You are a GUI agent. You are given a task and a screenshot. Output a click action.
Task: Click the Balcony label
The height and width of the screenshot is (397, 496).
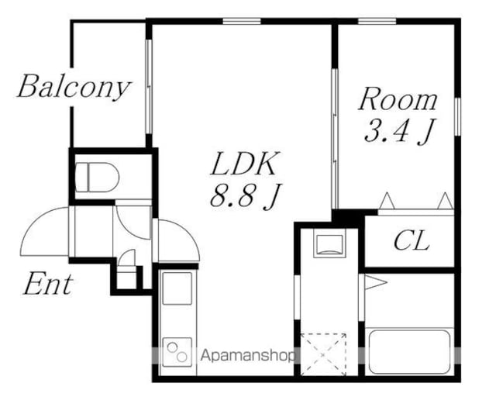[x=74, y=87]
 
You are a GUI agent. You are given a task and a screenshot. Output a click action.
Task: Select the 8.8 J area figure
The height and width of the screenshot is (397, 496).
[x=246, y=195]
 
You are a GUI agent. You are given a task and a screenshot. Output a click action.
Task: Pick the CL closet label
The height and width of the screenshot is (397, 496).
[x=412, y=240]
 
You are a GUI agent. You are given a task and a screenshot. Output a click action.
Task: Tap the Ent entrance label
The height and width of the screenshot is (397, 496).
[x=48, y=284]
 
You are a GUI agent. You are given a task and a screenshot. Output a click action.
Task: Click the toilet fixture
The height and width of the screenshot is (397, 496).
[x=97, y=178]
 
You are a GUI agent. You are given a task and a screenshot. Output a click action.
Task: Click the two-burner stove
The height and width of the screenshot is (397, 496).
[x=177, y=352]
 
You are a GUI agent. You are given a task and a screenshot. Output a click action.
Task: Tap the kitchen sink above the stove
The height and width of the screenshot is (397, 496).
[x=177, y=288]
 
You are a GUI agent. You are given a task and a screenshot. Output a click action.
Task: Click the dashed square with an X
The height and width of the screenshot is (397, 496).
[x=323, y=354]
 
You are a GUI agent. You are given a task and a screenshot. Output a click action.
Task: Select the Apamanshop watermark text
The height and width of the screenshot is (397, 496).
[x=247, y=356]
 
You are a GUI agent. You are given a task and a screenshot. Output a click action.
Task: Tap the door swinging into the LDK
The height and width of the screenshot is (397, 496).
[x=177, y=240]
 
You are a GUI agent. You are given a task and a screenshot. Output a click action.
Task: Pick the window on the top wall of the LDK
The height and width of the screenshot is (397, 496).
[x=242, y=21]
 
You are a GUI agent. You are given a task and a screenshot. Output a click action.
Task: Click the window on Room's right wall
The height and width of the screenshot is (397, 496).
[x=457, y=117]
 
